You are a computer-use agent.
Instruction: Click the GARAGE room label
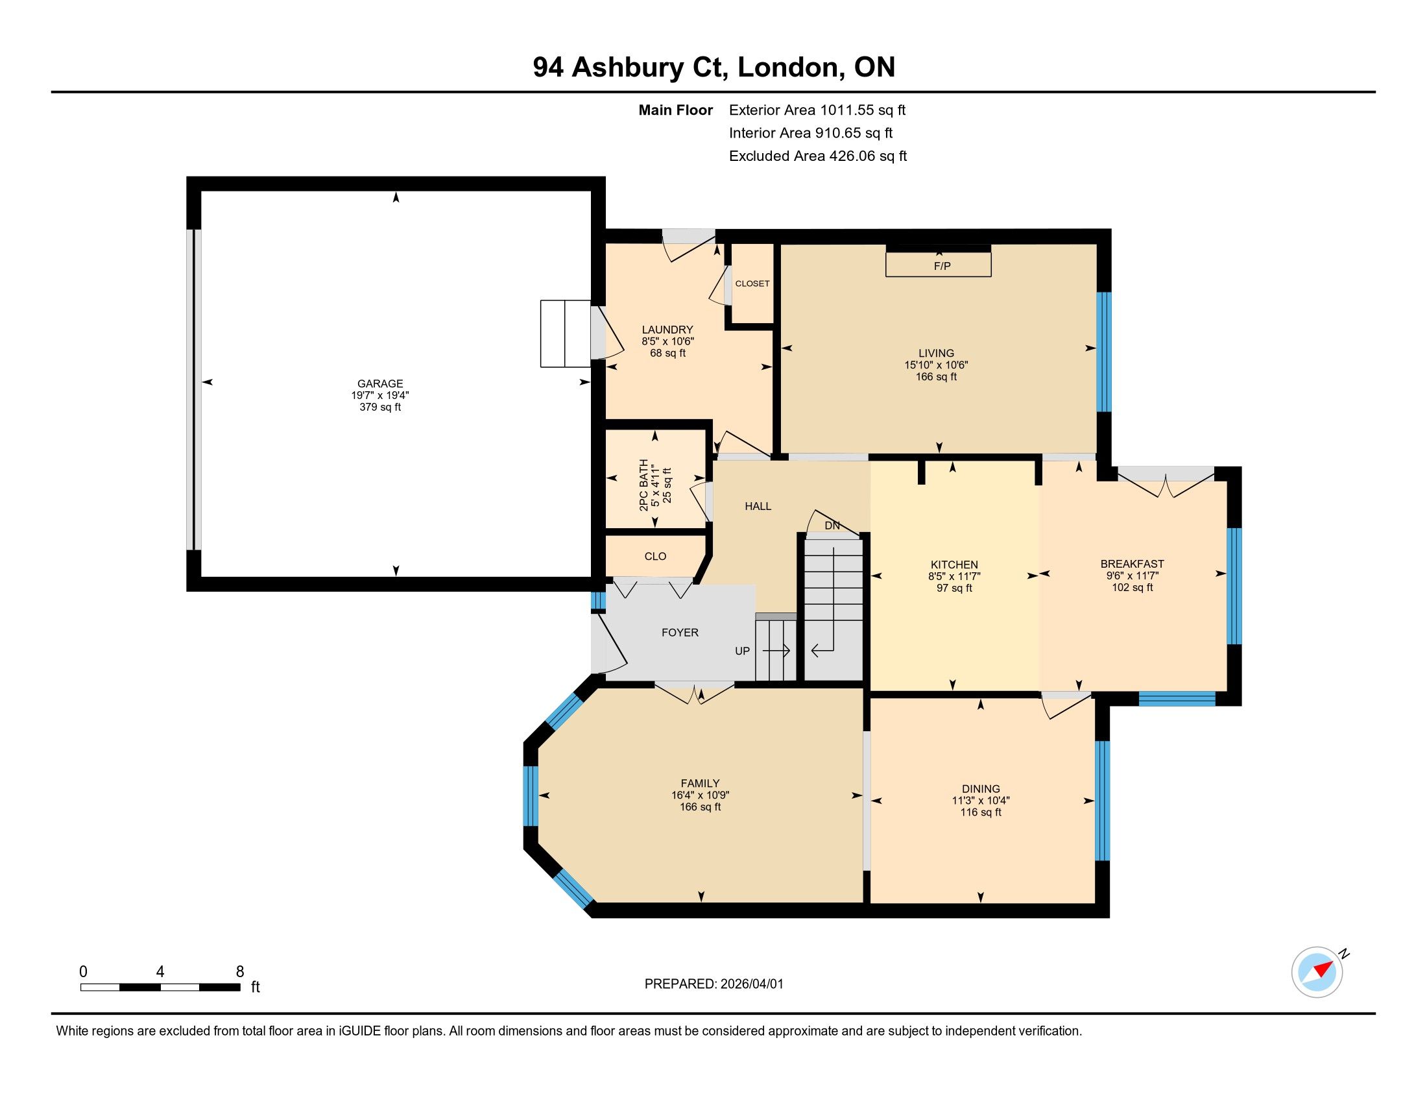tap(379, 383)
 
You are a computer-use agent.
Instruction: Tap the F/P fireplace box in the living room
tap(939, 264)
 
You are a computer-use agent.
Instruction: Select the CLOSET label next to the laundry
tap(752, 284)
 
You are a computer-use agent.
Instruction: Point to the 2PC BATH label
tap(644, 484)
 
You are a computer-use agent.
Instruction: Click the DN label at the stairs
tap(832, 526)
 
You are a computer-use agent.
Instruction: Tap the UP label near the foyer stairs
tap(742, 651)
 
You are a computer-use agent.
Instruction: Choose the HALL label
tap(758, 507)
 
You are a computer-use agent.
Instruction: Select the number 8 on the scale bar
tap(240, 972)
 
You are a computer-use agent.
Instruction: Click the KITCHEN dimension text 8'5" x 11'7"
tap(954, 576)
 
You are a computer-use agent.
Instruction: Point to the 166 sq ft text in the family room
tap(700, 807)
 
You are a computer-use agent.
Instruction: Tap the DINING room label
tap(981, 789)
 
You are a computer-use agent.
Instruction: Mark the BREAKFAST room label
tap(1133, 564)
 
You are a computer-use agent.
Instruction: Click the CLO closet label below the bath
tap(655, 556)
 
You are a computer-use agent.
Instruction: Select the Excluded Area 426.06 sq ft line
tap(818, 156)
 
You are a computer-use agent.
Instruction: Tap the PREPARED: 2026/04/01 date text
tap(713, 984)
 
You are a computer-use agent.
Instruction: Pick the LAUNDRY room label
tap(667, 330)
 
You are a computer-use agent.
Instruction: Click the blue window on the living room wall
tap(1103, 352)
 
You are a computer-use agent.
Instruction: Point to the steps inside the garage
tap(566, 334)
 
